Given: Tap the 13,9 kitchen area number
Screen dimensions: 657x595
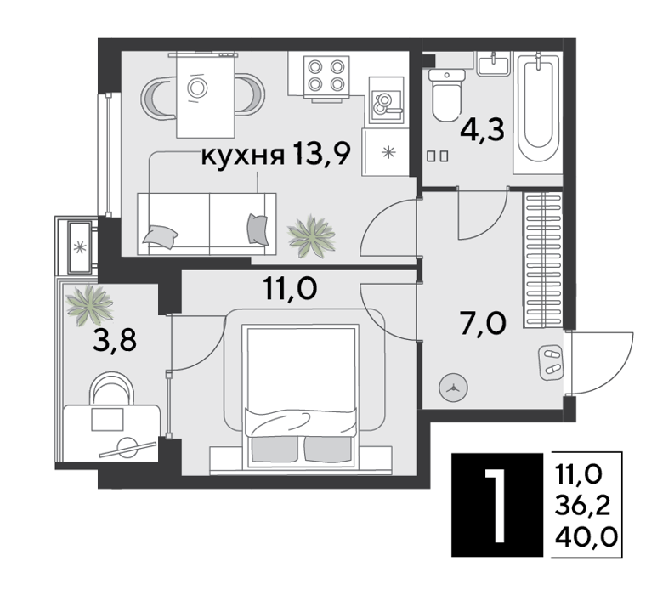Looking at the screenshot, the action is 321,153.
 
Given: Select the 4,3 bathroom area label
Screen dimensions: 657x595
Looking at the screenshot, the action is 482,130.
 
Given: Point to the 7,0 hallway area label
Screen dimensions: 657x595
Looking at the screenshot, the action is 483,323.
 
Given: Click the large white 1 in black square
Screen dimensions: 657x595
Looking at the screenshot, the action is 497,505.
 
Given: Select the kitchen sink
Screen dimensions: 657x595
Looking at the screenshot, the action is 386,101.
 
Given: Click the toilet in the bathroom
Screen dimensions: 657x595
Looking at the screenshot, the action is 448,95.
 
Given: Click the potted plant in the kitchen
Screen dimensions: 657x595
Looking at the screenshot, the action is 311,237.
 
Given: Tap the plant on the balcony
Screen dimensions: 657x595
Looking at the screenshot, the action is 89,305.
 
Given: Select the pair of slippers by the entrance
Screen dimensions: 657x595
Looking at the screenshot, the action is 551,362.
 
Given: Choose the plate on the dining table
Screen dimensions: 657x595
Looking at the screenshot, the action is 197,88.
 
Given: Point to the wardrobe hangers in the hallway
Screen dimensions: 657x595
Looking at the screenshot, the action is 542,260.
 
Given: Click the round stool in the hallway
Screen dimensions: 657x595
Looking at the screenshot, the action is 453,388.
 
